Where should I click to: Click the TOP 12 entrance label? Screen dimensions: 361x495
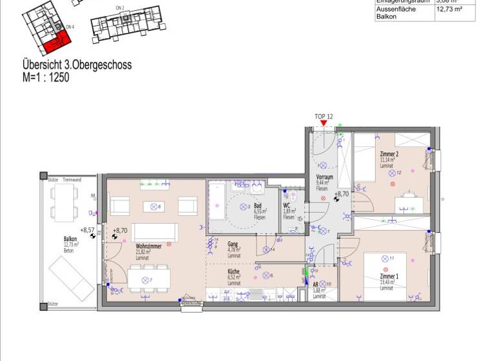[324, 117]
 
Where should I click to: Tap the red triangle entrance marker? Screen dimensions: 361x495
[324, 124]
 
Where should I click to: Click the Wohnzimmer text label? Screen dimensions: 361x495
[149, 246]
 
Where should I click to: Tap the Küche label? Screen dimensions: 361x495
[233, 271]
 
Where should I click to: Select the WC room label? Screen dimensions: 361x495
[287, 206]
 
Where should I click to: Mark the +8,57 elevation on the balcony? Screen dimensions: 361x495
[87, 229]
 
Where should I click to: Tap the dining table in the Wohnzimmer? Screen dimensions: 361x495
[150, 280]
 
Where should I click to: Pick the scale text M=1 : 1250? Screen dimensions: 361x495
[45, 77]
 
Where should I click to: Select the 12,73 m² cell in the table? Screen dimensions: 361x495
[454, 10]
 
